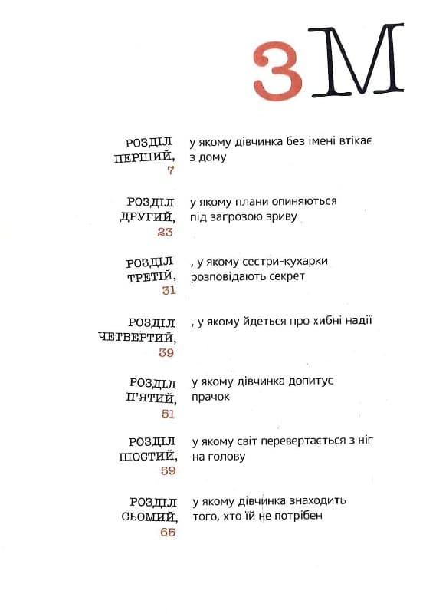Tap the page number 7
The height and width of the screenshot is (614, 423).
click(170, 170)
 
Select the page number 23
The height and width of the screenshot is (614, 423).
click(166, 231)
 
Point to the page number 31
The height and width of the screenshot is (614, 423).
click(169, 291)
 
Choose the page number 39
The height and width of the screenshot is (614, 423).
click(166, 352)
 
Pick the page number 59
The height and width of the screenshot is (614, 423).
click(168, 471)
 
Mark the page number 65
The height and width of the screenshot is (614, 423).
click(168, 532)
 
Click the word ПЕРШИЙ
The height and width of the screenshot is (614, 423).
click(144, 157)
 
